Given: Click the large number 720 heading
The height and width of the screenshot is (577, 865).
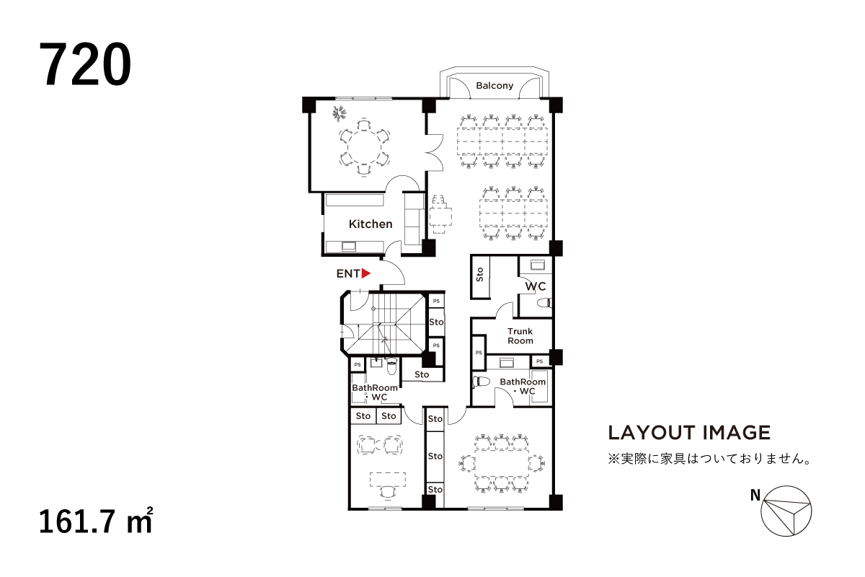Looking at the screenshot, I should (x=86, y=65).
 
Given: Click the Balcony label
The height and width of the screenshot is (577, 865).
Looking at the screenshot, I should (x=494, y=86).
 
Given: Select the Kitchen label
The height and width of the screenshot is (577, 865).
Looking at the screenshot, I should (x=371, y=224).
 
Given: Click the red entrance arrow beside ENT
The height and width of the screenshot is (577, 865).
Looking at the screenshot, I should (x=366, y=273).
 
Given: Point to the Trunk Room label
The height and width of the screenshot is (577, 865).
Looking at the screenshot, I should (x=520, y=336).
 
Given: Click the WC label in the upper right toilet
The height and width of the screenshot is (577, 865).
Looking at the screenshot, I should (x=534, y=287).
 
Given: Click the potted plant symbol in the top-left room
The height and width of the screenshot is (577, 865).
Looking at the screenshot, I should (x=340, y=113).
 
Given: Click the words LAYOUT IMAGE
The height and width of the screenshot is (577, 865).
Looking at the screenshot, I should (x=689, y=433).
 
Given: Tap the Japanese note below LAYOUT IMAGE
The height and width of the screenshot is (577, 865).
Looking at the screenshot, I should (x=706, y=459).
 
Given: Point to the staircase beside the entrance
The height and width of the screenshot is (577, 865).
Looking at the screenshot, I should (x=383, y=324).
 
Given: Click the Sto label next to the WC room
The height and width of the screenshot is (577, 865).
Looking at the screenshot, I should (x=480, y=275).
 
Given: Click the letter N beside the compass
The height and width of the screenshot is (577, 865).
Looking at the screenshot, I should (x=755, y=495).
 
